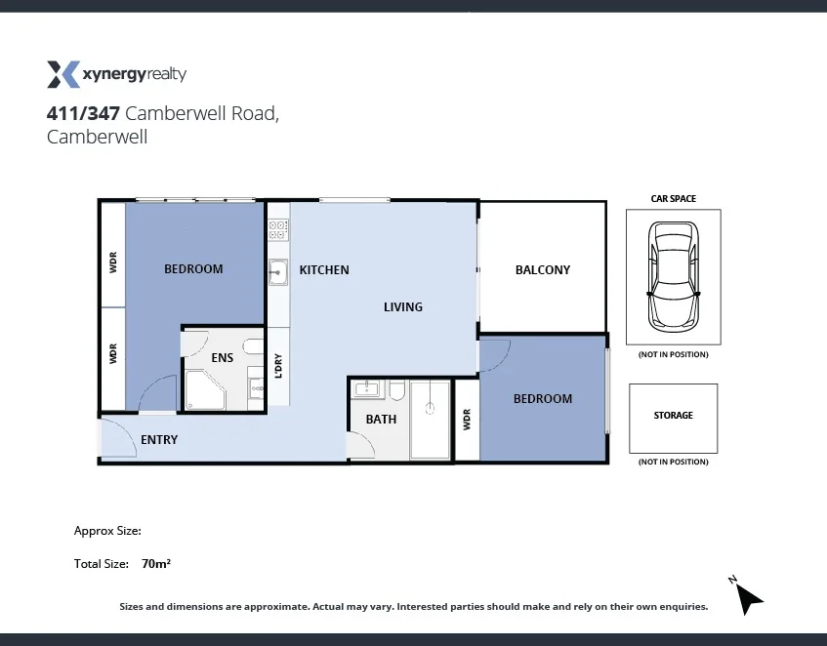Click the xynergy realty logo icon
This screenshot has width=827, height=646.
point(62,74)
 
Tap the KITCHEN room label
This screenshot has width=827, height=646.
point(324,270)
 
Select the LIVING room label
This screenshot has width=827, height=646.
point(402,307)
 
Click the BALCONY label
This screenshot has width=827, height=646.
point(542,270)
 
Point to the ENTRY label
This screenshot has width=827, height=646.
point(159,440)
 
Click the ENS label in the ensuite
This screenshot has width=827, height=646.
point(223,358)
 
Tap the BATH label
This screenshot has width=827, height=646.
point(381,420)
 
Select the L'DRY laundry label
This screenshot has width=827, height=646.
point(279,365)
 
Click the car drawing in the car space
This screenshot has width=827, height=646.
point(673,276)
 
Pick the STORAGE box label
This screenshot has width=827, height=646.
point(673,416)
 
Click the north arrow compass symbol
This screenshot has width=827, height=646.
point(747,596)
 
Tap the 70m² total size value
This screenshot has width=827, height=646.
point(157,564)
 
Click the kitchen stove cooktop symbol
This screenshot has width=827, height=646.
point(278,230)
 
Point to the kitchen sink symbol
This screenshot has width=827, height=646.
point(277,272)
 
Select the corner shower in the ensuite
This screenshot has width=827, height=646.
point(204,392)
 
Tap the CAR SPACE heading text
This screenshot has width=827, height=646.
point(673,199)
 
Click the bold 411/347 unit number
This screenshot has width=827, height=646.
point(83,114)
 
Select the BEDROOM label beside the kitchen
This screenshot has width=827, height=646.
point(193,269)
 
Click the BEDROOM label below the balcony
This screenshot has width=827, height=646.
point(543,399)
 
